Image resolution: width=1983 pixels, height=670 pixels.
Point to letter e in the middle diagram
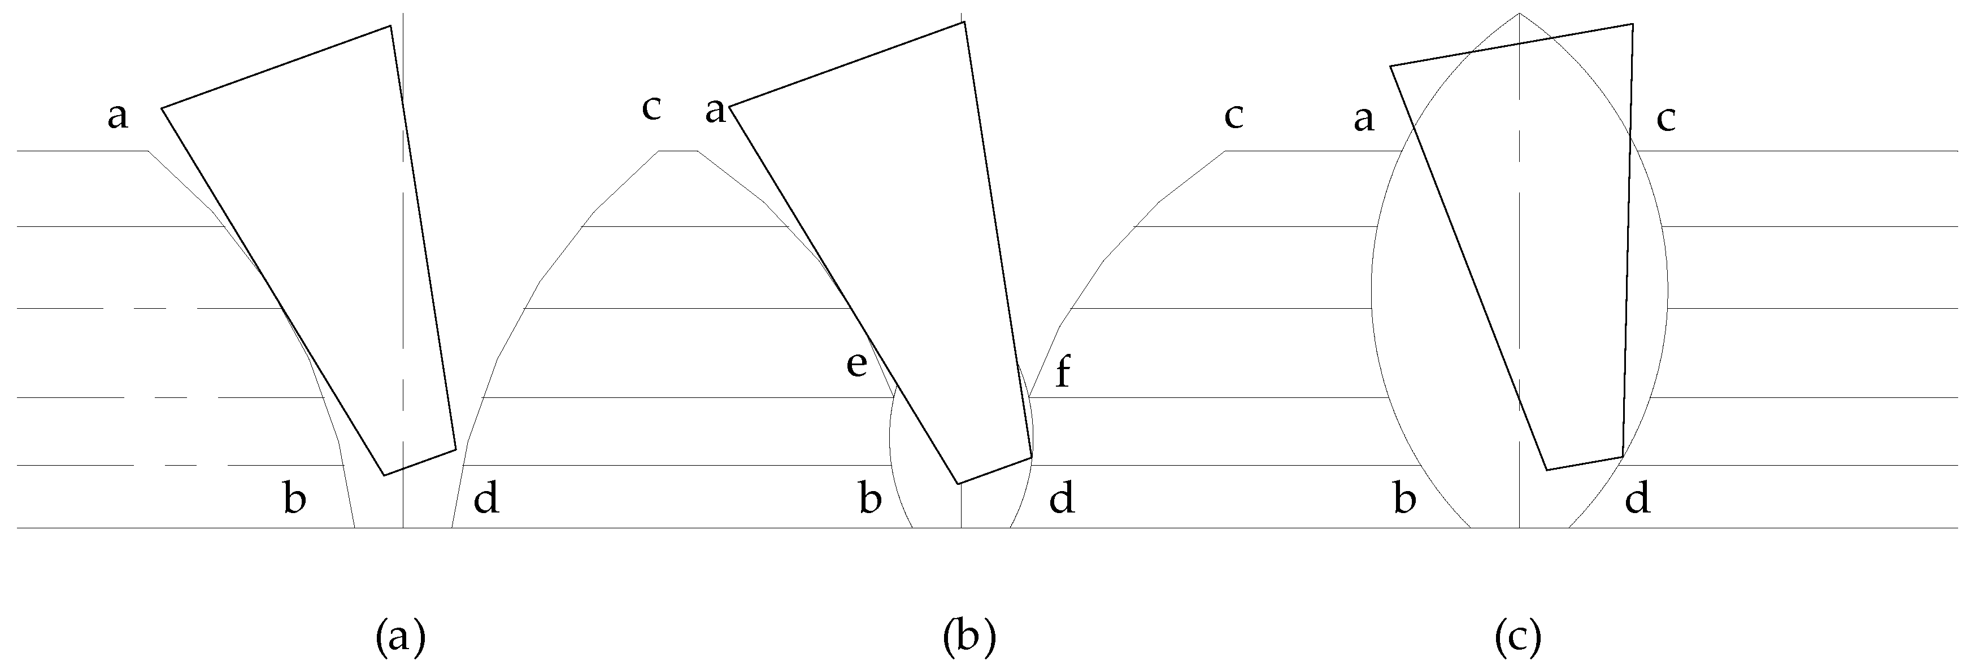(857, 365)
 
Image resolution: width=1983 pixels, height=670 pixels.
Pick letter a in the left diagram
(118, 117)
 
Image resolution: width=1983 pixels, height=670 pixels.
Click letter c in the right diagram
(1666, 119)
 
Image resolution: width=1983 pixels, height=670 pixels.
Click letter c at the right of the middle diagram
(1234, 116)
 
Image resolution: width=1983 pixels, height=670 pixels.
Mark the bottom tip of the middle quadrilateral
(958, 484)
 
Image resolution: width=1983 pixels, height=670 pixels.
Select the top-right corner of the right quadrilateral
(1633, 25)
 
